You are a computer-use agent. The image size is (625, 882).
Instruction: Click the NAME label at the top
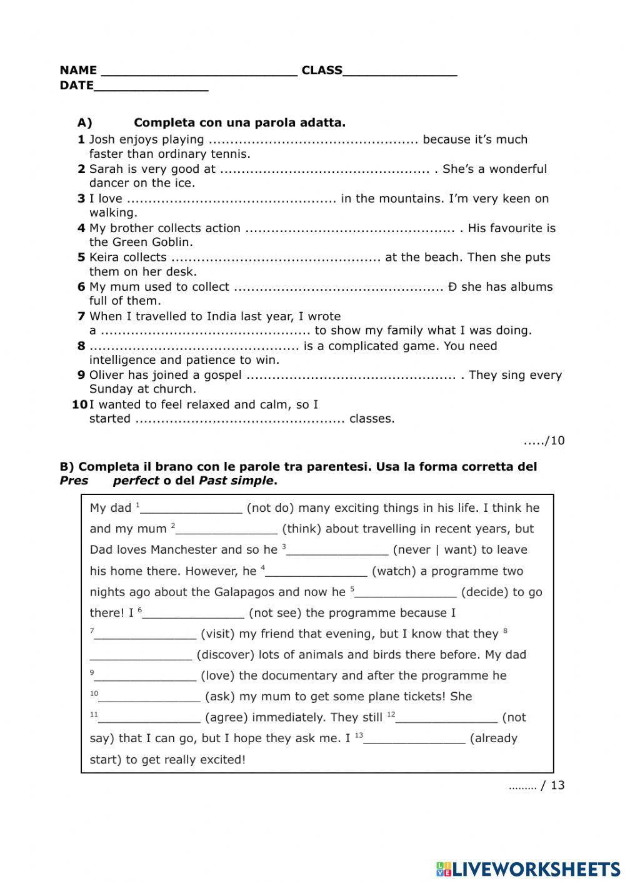click(78, 71)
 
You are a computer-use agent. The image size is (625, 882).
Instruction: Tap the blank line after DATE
click(151, 87)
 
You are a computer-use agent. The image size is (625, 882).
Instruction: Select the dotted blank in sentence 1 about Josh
click(313, 140)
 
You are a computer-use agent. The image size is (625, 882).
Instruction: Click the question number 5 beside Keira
click(81, 257)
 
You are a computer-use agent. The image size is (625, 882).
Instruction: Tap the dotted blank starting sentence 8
click(194, 346)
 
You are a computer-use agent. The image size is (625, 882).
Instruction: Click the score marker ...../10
click(544, 441)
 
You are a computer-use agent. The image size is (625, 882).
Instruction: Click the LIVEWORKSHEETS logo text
click(536, 869)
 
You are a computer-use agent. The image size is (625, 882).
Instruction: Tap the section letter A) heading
click(85, 123)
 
